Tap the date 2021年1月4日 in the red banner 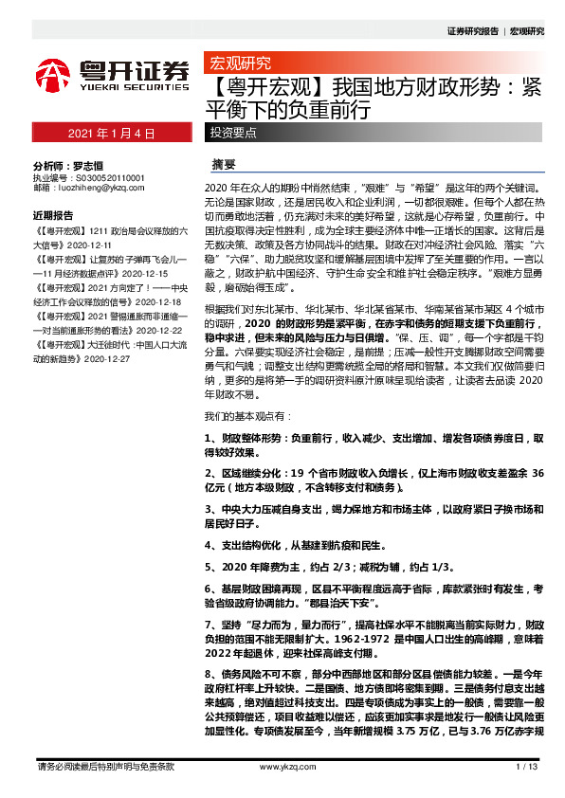[111, 133]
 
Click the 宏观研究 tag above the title [239, 64]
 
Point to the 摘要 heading [222, 163]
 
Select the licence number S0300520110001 [102, 177]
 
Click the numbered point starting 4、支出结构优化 [294, 546]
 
